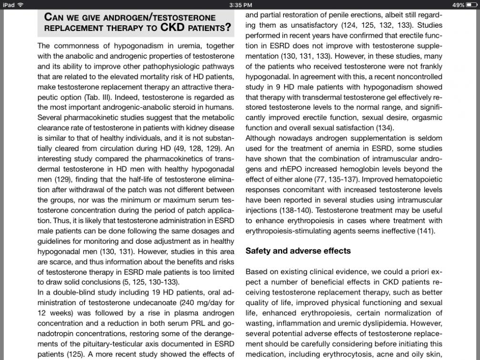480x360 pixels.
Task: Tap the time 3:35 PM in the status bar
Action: [x=240, y=5]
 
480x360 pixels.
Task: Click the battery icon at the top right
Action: [x=471, y=5]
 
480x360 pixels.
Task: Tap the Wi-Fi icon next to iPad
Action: [x=20, y=5]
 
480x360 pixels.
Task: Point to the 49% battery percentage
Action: [x=458, y=5]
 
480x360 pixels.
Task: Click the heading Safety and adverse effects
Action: [x=298, y=251]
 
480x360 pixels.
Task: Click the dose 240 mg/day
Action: [x=197, y=303]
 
